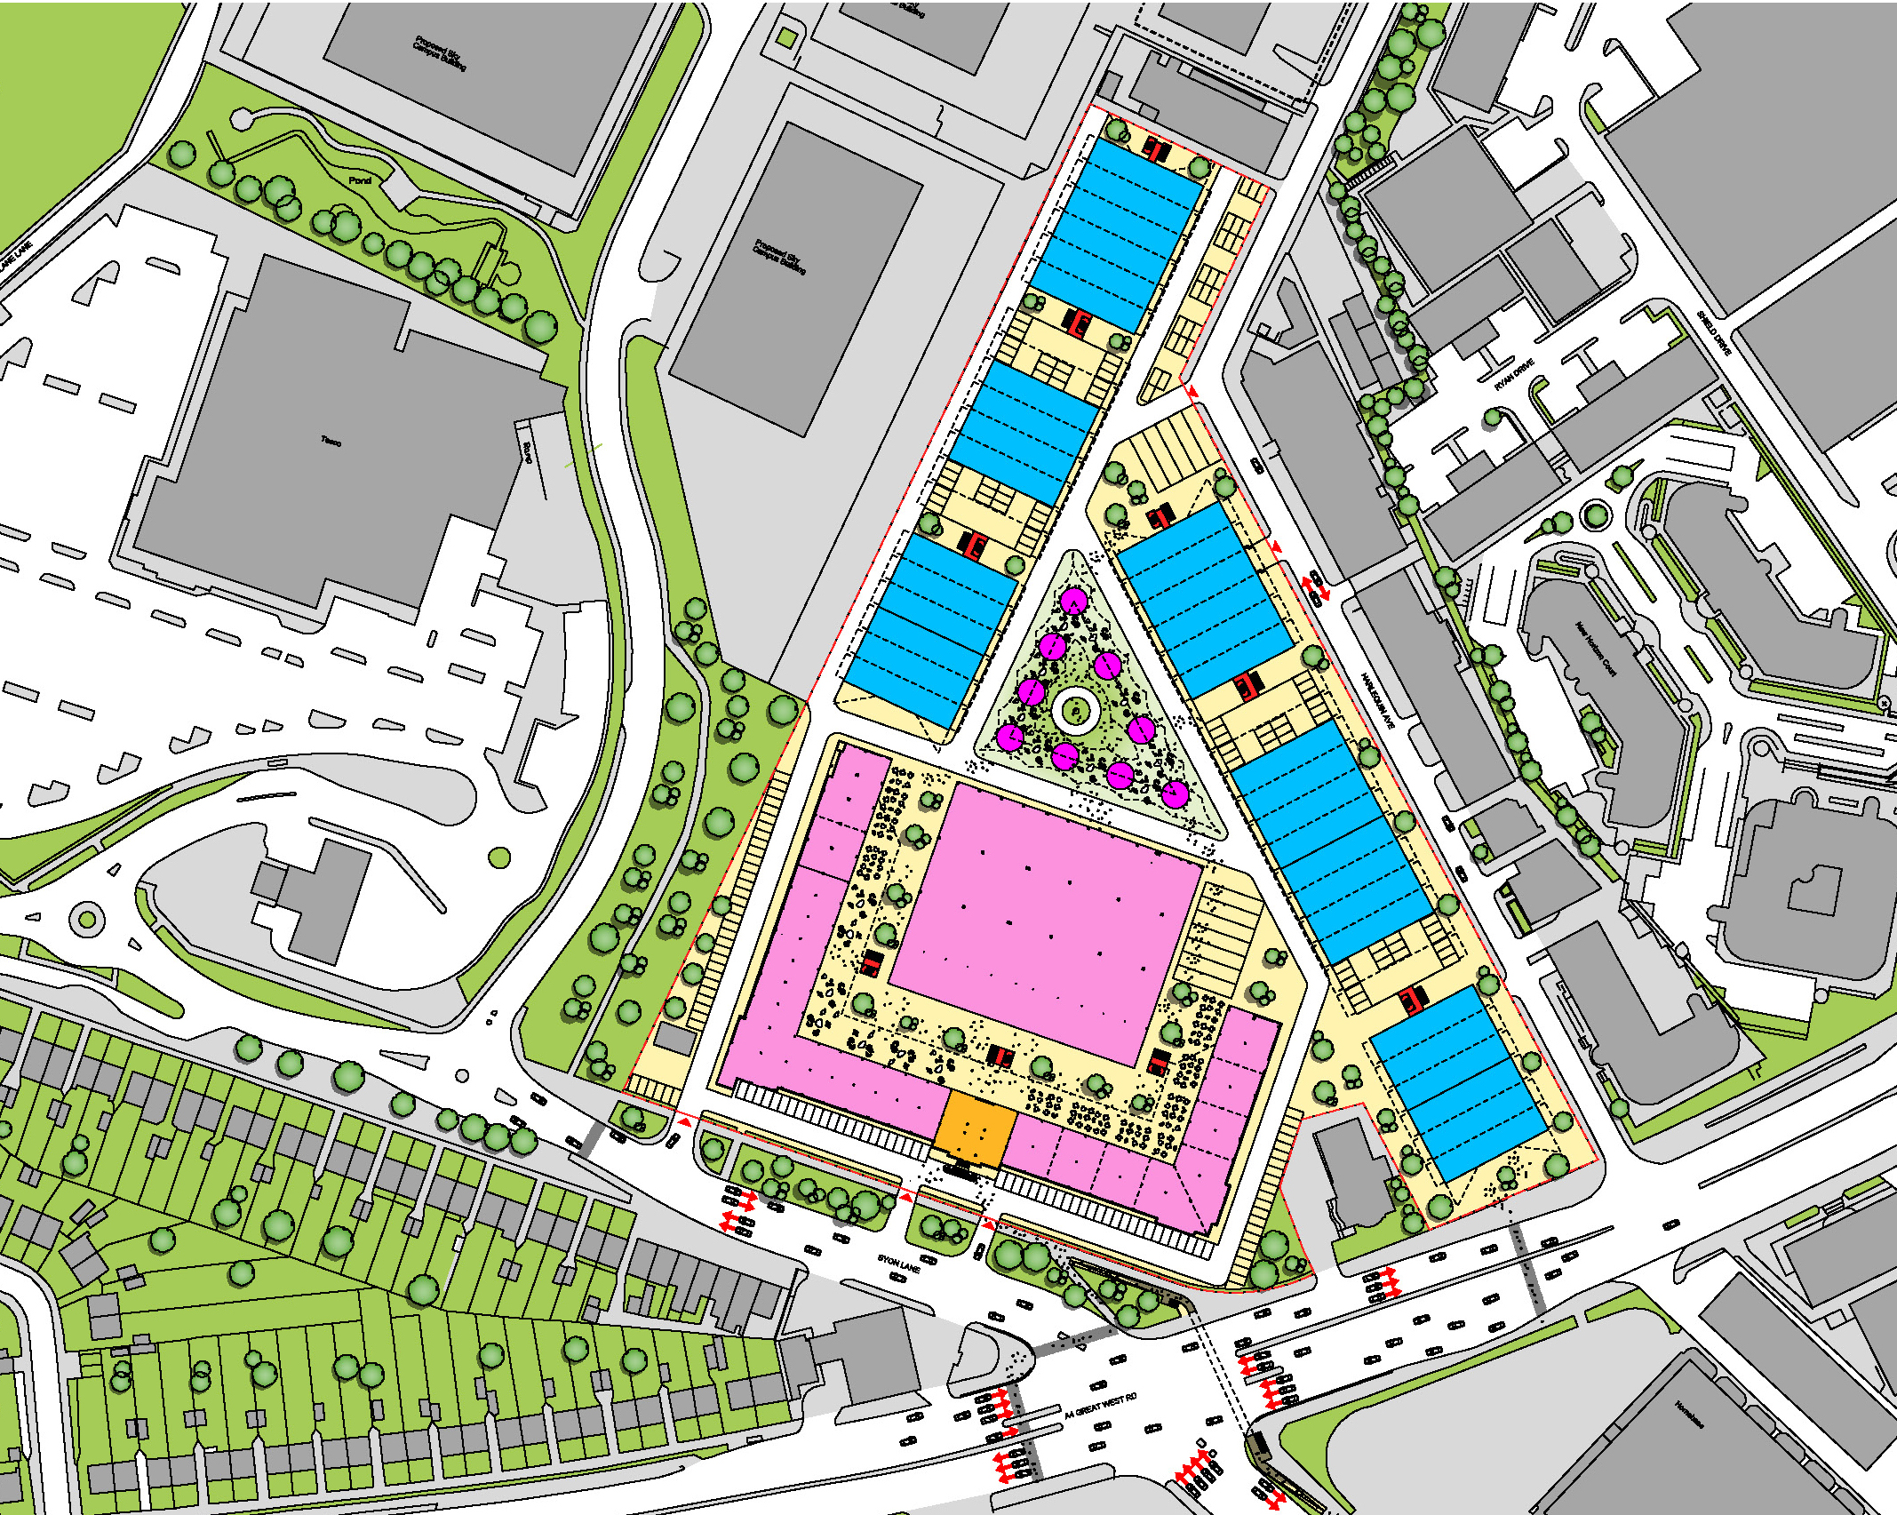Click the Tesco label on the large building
pyautogui.click(x=331, y=441)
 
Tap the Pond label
pyautogui.click(x=360, y=180)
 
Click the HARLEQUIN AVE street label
pyautogui.click(x=1378, y=700)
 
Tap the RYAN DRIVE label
pyautogui.click(x=1514, y=374)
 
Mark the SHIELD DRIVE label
pyautogui.click(x=1713, y=332)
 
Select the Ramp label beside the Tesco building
pyautogui.click(x=526, y=453)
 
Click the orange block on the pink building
pyautogui.click(x=976, y=1128)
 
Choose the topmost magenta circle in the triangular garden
pyautogui.click(x=1074, y=602)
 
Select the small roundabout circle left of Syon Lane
pyautogui.click(x=87, y=918)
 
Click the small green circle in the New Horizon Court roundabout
pyautogui.click(x=1596, y=514)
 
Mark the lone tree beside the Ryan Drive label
pyautogui.click(x=1494, y=416)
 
